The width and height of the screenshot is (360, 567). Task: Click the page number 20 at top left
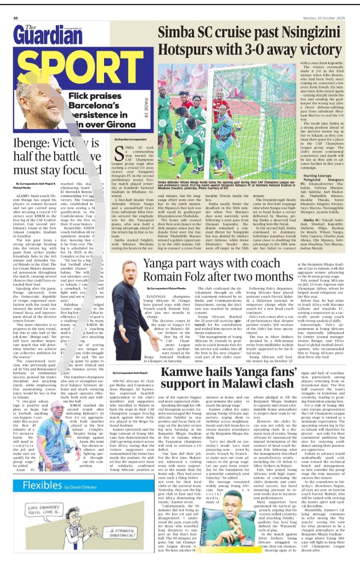click(15, 18)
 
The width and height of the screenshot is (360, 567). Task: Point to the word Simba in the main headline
click(177, 33)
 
